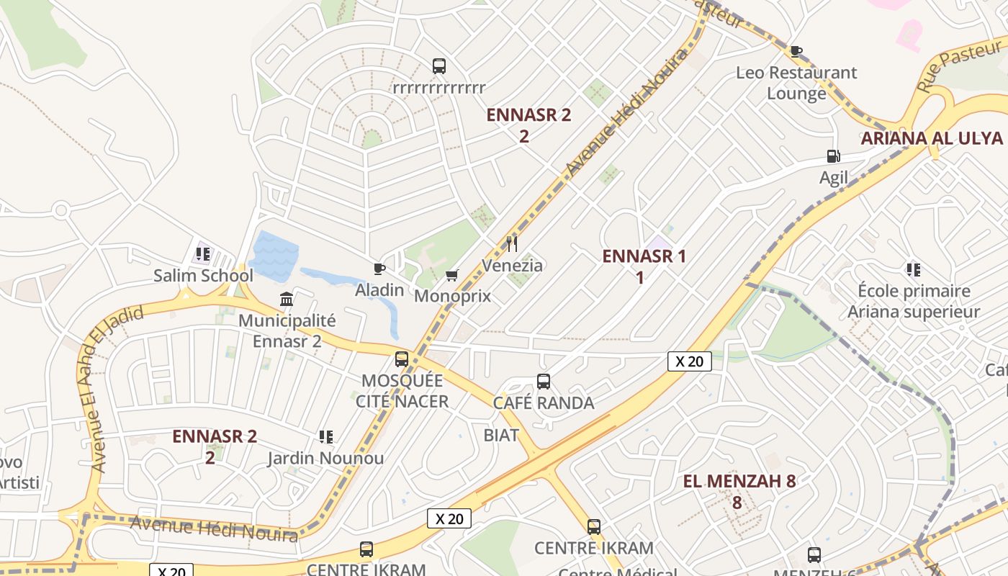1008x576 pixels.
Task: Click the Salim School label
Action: (x=203, y=276)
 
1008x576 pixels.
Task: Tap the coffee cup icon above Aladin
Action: (x=379, y=269)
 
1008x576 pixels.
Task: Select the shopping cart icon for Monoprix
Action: (x=452, y=275)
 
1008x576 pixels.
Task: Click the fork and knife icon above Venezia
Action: (x=512, y=244)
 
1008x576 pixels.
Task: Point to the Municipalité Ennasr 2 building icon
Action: (x=287, y=299)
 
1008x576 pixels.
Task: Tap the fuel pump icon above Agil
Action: (x=833, y=156)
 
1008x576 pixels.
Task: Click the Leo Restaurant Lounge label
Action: (x=796, y=83)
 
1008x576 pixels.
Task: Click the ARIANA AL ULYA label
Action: (x=932, y=138)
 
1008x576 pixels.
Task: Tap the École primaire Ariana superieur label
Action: (x=914, y=302)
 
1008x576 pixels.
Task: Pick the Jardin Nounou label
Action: (x=325, y=458)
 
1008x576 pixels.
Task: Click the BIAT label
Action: (x=501, y=435)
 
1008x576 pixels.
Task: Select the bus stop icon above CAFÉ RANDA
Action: (x=544, y=382)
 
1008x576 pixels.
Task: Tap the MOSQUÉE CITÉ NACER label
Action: (x=402, y=391)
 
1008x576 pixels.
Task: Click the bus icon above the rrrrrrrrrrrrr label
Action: (x=439, y=66)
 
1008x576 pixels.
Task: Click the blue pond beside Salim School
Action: (x=274, y=256)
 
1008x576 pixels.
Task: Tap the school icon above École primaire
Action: (x=914, y=270)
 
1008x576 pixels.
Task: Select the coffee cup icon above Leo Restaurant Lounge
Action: (x=796, y=51)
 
